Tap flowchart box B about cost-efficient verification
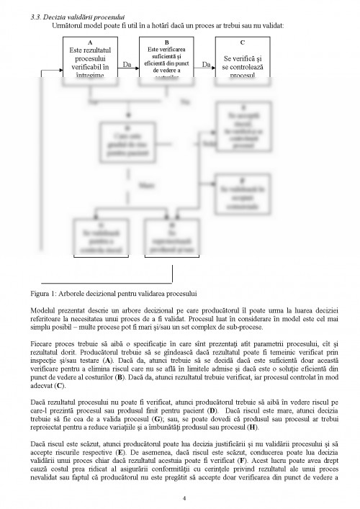click(167, 62)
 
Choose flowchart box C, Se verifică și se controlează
click(243, 63)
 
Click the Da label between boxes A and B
click(127, 66)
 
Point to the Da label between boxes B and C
click(205, 66)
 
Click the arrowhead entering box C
click(213, 71)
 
